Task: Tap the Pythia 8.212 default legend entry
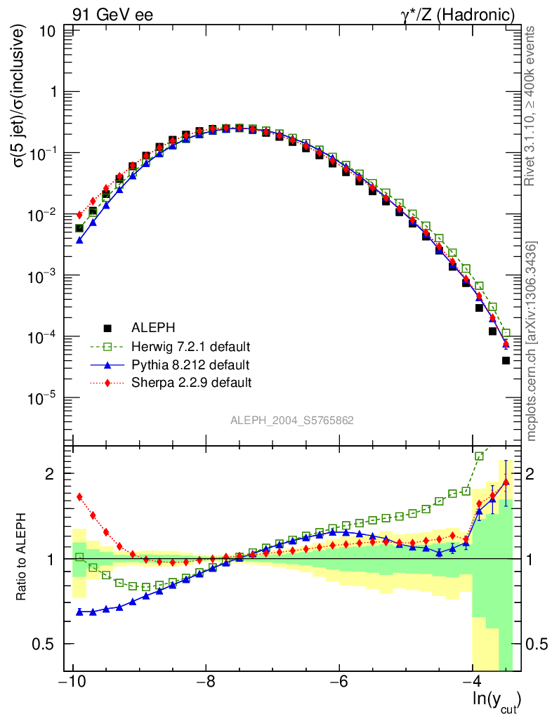click(x=190, y=364)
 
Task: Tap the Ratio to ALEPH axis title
click(x=22, y=558)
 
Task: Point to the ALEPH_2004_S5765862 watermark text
click(x=292, y=421)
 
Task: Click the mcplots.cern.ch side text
click(x=532, y=341)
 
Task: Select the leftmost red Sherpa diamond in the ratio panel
click(x=79, y=496)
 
